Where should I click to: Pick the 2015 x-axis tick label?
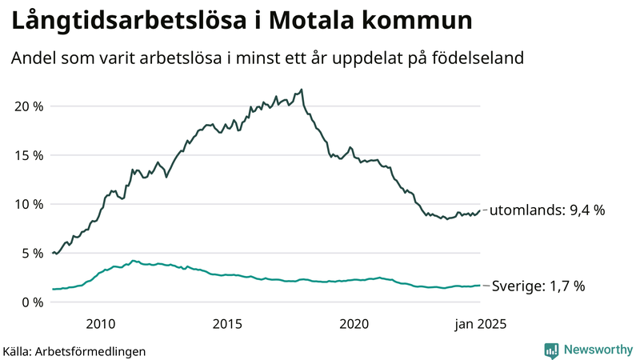click(x=227, y=324)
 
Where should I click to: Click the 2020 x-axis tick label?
click(x=354, y=324)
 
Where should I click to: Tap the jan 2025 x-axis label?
click(x=481, y=324)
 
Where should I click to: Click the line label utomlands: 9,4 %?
click(x=546, y=210)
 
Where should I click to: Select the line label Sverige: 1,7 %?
click(x=538, y=286)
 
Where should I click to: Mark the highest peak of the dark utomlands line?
click(x=301, y=90)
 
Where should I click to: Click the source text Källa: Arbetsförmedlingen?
click(x=74, y=350)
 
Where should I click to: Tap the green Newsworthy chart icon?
click(x=551, y=350)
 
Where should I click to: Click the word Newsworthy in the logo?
click(x=598, y=350)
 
